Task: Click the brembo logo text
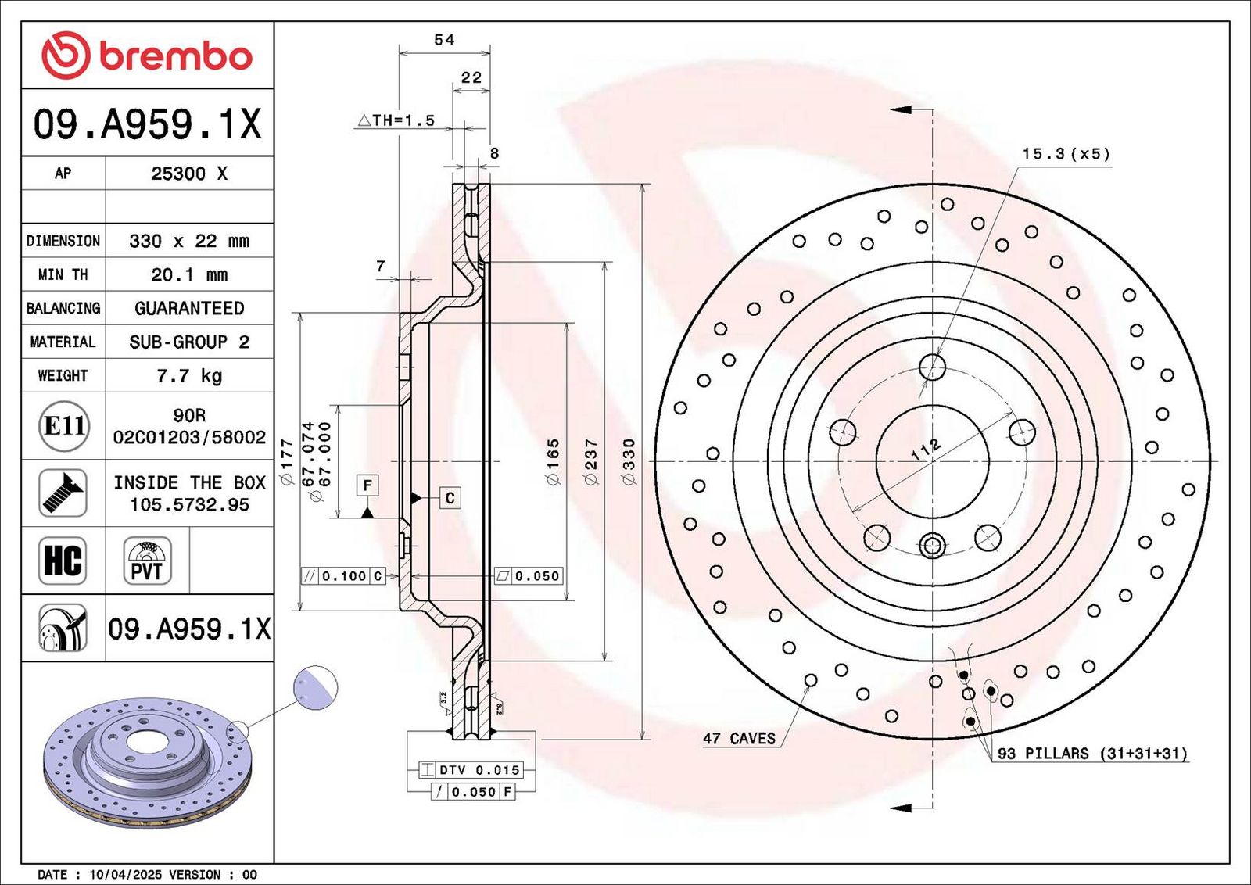coord(175,56)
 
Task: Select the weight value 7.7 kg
coord(189,376)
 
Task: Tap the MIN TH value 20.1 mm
coord(189,274)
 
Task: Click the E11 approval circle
coord(64,426)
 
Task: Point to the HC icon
coord(63,561)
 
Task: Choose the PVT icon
coord(147,561)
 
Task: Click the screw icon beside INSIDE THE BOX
coord(63,493)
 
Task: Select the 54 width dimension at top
coord(445,40)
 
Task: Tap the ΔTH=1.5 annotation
coord(396,120)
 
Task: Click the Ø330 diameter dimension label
coord(629,461)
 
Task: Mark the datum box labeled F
coord(367,485)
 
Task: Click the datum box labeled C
coord(450,497)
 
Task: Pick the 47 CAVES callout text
coord(739,739)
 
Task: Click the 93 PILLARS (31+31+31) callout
coord(1092,754)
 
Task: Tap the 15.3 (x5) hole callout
coord(1066,153)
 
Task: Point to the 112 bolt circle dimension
coord(926,450)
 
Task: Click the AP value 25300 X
coord(189,174)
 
